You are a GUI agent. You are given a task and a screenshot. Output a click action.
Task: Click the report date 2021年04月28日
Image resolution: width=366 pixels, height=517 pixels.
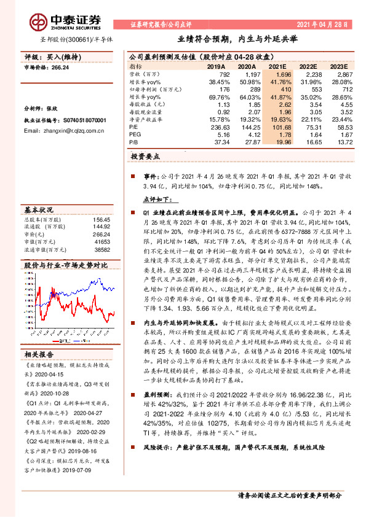click(x=325, y=24)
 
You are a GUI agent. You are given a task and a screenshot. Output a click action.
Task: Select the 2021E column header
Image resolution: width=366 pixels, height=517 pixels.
click(x=277, y=66)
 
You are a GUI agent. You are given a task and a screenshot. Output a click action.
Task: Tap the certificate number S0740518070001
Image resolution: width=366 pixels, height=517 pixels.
click(x=79, y=120)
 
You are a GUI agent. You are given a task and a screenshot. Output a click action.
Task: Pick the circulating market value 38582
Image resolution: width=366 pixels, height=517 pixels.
click(x=101, y=250)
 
